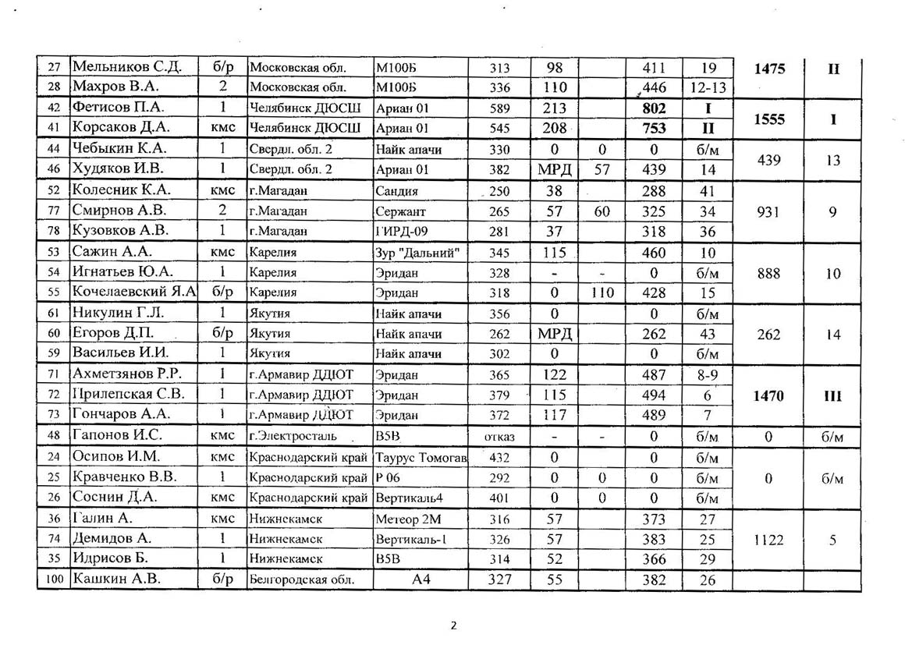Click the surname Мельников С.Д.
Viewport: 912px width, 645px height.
click(126, 68)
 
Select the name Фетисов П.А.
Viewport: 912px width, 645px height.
click(118, 108)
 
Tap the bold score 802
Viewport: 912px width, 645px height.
click(654, 108)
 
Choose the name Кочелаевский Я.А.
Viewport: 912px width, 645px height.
click(133, 292)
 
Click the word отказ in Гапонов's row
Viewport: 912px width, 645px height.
click(499, 437)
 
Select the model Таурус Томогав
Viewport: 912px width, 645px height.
click(421, 457)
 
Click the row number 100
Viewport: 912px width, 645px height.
click(53, 579)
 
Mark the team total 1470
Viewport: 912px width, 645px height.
click(769, 395)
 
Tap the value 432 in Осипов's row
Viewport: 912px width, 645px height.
click(499, 457)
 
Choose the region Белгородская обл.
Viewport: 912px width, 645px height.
click(302, 579)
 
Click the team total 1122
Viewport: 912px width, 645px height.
click(769, 539)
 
